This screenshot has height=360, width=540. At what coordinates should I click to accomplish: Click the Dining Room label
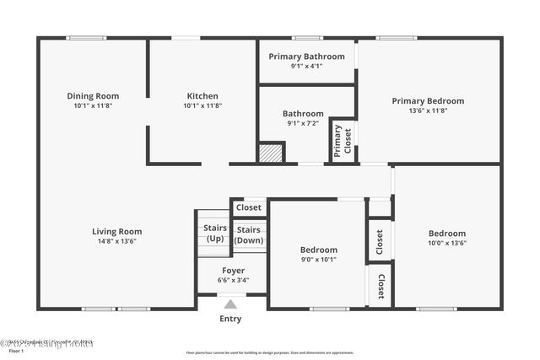point(93,96)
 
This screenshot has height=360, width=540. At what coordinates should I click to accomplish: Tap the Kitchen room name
point(202,96)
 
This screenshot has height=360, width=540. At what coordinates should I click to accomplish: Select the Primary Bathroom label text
point(306,56)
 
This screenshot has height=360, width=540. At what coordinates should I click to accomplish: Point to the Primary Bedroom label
point(428,101)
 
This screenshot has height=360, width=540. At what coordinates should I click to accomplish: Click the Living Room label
point(116,231)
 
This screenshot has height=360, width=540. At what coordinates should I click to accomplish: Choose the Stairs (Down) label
point(248,234)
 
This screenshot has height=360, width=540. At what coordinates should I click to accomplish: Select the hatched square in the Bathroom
point(269,153)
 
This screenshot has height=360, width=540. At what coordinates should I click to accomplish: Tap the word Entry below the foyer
point(230,319)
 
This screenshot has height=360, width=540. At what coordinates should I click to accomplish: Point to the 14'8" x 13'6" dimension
point(116,241)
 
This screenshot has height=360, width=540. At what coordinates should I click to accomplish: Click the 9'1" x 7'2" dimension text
point(303,123)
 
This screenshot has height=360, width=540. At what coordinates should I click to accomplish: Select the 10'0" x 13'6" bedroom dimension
point(447,243)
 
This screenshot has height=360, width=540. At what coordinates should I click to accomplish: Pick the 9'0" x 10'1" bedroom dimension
point(319,259)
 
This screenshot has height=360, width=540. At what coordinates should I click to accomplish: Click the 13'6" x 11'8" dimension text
point(428,110)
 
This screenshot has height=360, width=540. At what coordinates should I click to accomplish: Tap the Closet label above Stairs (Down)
point(248,207)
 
